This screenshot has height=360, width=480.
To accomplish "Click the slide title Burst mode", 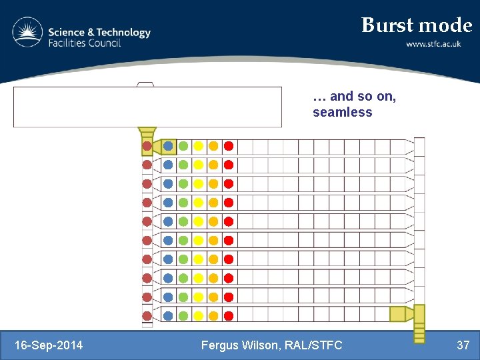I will (x=416, y=25).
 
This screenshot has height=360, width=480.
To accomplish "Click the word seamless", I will (x=342, y=112).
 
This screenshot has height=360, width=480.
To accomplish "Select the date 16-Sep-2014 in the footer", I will (x=49, y=345).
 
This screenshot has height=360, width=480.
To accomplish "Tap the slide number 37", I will (x=463, y=345).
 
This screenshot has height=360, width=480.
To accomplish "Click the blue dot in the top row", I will (x=168, y=146).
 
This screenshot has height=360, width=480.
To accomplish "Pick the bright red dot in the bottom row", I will (x=228, y=315).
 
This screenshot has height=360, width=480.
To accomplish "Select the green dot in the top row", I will (x=183, y=146).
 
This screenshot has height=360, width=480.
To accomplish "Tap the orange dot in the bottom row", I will (x=213, y=315).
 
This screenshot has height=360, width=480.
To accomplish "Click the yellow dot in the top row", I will (x=198, y=146).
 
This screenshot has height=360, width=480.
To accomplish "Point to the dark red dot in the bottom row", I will (x=147, y=315).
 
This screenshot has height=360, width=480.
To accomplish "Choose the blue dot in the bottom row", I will (x=168, y=315).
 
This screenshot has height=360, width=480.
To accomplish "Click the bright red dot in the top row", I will (x=228, y=146).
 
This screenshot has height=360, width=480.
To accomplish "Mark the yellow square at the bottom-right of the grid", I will (x=398, y=314).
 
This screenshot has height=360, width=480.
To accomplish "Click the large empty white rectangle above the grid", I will (x=147, y=107).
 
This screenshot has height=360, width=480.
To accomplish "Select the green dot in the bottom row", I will (x=183, y=315).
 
